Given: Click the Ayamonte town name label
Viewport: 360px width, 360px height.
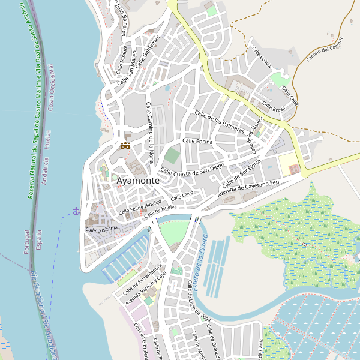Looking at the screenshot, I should pos(138,180).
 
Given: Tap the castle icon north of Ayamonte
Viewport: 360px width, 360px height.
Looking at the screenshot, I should pos(125,146).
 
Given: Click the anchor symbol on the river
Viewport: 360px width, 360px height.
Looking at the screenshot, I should pos(76,211).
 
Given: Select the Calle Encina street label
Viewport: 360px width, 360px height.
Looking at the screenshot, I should pos(197,141).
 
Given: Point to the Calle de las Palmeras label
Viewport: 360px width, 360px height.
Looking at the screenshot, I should pos(220,121).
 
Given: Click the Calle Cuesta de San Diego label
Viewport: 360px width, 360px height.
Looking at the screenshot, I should pos(192,169).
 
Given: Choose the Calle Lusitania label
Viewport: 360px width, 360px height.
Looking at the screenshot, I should pos(102,229).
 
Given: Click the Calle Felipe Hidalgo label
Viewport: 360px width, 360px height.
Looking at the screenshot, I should pos(140,208).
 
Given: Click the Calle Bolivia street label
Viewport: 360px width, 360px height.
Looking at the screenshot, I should pos(262,57).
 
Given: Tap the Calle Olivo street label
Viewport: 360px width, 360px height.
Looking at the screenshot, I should pos(182,196).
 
